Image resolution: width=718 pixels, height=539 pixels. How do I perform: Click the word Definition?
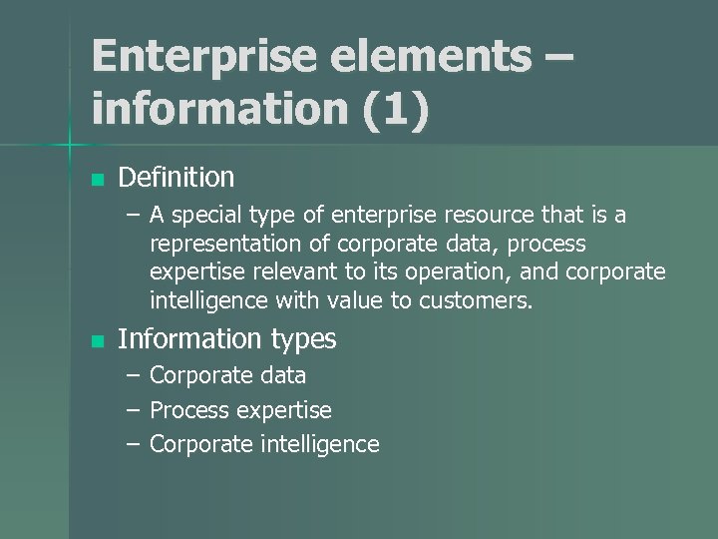point(177,178)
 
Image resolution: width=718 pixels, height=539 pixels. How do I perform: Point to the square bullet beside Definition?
point(97,180)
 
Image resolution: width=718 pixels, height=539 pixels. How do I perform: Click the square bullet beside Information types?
point(97,341)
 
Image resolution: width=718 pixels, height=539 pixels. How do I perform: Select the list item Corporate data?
point(228,377)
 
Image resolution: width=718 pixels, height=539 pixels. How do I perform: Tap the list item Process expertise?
point(240,410)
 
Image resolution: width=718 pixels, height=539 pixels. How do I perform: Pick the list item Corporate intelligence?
point(264,444)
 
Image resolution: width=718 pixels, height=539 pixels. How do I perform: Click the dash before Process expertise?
point(134,410)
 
